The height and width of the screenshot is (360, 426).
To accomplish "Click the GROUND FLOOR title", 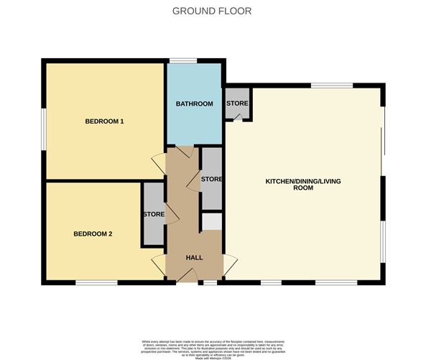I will (212, 11).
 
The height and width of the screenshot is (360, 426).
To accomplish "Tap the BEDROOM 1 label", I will (105, 121).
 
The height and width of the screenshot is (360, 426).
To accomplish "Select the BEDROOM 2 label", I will (93, 234).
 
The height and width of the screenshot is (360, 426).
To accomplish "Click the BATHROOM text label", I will (195, 104).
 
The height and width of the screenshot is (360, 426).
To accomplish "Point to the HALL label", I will (195, 257).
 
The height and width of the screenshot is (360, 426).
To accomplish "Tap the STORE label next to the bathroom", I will (237, 103).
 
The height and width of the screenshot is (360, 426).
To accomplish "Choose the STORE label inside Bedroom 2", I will (154, 214).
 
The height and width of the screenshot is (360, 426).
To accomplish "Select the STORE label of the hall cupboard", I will (211, 179).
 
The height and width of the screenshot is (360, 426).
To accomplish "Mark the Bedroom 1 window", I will (43, 129).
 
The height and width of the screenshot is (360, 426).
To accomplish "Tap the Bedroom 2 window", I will (97, 282).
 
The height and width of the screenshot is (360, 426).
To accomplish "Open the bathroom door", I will (184, 152).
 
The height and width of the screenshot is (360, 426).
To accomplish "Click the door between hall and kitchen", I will (229, 264).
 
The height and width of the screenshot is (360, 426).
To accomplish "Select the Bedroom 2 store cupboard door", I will (170, 216).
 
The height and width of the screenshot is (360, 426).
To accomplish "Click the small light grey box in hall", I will (211, 221).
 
